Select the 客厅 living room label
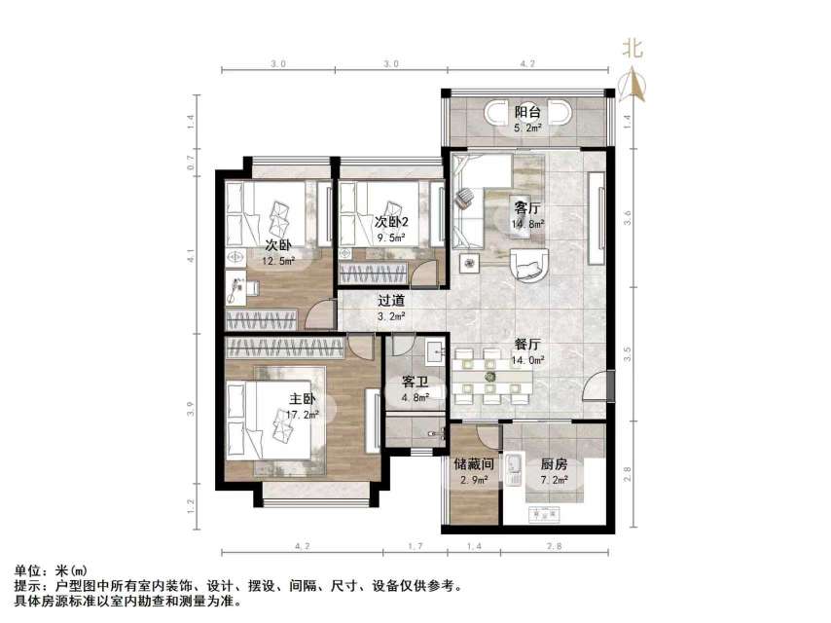(527, 207)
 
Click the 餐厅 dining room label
(528, 345)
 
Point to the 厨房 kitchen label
(554, 464)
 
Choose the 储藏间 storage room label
(474, 464)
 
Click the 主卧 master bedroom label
(301, 399)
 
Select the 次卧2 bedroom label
(391, 221)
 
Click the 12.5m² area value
(277, 260)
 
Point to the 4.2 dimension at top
(528, 63)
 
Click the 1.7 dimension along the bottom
(414, 548)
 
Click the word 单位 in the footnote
(27, 570)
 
